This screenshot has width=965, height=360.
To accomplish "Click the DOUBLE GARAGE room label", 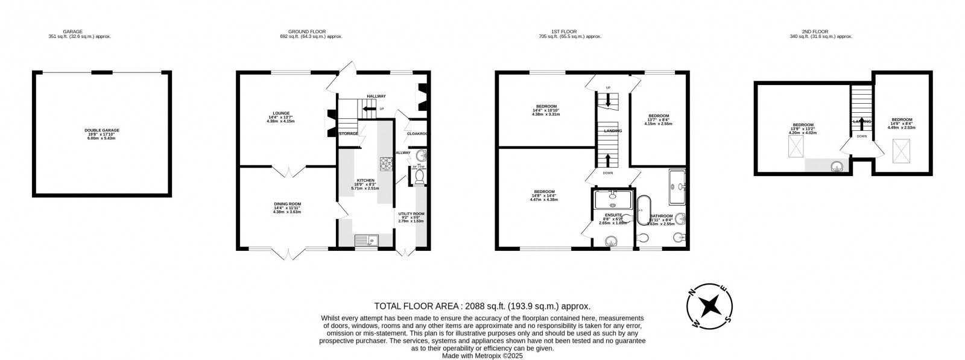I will tap(101, 133).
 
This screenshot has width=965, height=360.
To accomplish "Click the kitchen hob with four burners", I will tap(386, 163).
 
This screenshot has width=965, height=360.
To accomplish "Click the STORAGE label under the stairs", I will tap(348, 133).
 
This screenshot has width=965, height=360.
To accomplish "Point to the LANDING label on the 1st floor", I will tap(613, 130).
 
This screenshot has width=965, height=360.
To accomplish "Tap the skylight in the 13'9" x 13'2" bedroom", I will tap(796, 147).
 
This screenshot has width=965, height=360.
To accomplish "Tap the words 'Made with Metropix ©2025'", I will tap(482, 355).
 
